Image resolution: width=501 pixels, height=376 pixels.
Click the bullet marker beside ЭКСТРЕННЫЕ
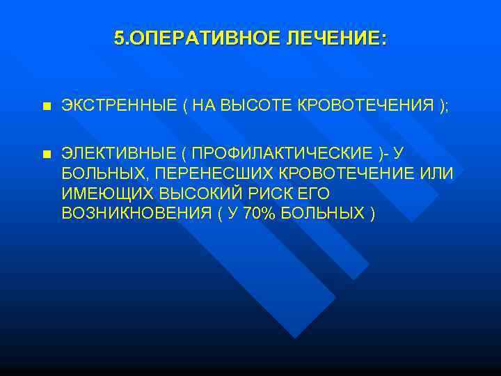(46, 107)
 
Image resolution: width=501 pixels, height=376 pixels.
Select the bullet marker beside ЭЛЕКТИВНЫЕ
(46, 154)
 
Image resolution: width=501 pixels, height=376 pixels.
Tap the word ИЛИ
(438, 173)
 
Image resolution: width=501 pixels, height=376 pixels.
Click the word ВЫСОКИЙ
(196, 193)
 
